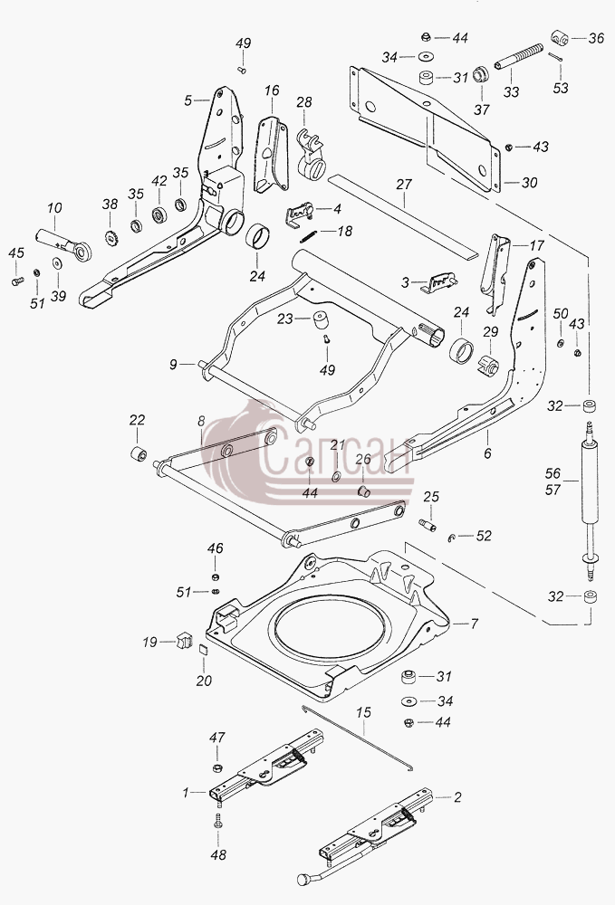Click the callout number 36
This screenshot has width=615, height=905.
(x=596, y=38)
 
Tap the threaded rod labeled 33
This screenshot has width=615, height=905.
(x=519, y=56)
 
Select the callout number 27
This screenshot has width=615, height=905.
(x=404, y=184)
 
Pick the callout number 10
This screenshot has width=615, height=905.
(x=54, y=208)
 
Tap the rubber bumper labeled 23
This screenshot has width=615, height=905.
(x=321, y=319)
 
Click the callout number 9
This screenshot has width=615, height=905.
(x=173, y=365)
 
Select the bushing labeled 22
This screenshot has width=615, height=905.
(x=138, y=453)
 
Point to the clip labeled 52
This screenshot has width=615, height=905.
(x=452, y=538)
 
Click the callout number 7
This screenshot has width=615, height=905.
(x=474, y=624)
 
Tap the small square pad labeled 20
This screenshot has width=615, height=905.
(x=203, y=649)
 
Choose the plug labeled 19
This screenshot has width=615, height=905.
(x=184, y=640)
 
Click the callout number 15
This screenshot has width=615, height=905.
(x=363, y=712)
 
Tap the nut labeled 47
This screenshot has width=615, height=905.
(x=217, y=767)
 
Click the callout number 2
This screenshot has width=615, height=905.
(x=457, y=797)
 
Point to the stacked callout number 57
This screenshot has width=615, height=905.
(x=553, y=490)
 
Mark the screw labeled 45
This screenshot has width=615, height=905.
(x=16, y=281)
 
